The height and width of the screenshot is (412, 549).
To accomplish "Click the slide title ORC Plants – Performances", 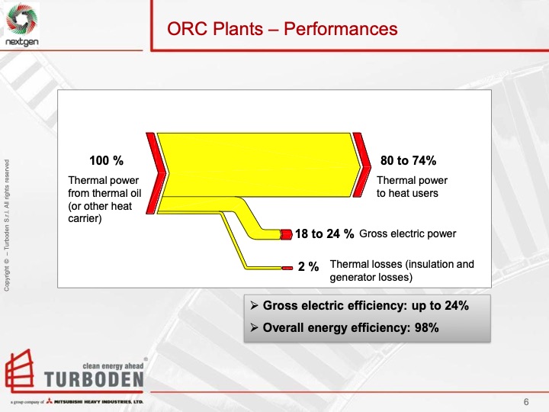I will coord(283,29).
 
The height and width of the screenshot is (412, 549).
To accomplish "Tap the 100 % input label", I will coord(106,161).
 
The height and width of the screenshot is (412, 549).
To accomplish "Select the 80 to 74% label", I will coord(408,161).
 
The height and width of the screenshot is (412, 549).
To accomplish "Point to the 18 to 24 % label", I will coord(324,234).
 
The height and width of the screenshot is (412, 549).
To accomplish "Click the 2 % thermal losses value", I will coord(308,267).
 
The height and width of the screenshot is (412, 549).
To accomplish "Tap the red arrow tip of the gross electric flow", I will coord(286,234).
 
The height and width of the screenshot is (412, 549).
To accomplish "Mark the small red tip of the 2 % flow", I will coord(287,268).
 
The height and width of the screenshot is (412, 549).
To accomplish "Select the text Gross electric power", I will coord(407,233).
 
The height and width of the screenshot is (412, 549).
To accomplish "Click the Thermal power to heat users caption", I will coord(413,187).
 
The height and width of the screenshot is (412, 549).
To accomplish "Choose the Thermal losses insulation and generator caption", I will coord(401,271).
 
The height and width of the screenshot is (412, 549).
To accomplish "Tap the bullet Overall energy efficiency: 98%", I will coord(351,328).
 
